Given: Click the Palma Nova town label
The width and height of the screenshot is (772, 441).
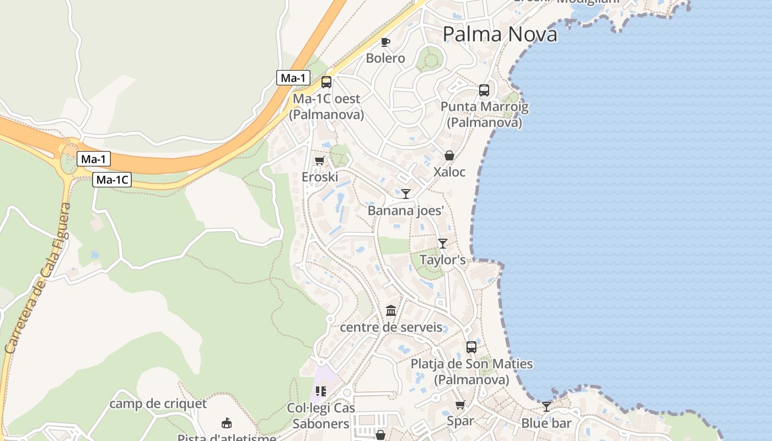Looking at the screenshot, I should click(500, 34).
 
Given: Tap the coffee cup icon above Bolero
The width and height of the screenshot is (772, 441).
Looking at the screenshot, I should click(385, 42).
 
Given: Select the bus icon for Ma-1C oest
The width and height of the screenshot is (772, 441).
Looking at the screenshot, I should click(326, 82).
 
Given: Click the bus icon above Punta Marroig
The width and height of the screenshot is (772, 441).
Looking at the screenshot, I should click(484, 90).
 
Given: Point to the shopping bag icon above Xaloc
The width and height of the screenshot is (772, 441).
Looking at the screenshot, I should click(449, 156).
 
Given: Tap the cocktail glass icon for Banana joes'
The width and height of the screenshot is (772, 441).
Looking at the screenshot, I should click(406, 193).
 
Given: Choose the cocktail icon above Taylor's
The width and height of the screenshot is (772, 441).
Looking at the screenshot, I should click(442, 243).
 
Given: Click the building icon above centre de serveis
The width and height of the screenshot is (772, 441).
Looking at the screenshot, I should click(391, 311).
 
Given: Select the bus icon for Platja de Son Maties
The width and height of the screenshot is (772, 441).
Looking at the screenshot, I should click(471, 347).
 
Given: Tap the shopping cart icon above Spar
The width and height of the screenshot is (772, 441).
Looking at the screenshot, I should click(460, 405).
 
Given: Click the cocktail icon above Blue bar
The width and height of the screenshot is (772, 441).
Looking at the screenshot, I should click(546, 407).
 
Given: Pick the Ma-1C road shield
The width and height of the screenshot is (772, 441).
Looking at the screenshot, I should click(112, 180).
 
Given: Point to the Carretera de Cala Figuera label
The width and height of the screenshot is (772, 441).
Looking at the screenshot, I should click(37, 278).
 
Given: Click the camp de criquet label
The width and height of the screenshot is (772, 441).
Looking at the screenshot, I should click(158, 404).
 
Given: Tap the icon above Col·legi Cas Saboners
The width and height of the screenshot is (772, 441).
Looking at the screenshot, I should click(321, 391).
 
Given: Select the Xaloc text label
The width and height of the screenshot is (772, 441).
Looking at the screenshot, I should click(449, 172).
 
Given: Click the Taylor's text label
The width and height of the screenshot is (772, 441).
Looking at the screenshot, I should click(442, 260).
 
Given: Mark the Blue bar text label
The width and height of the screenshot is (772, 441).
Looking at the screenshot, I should click(546, 423).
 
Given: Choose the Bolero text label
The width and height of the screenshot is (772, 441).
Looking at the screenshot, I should click(385, 58).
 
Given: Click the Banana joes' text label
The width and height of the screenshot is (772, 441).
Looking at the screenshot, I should click(406, 211).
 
